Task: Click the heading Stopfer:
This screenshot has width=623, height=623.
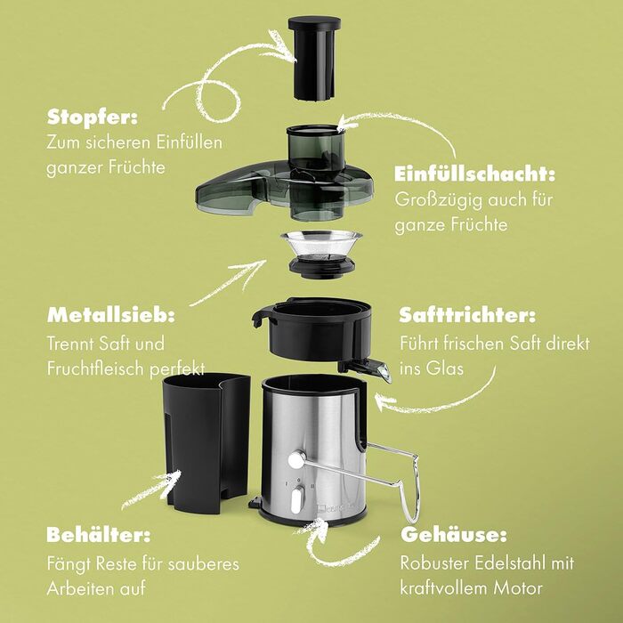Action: click(93, 117)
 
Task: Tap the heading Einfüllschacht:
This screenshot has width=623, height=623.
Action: click(474, 174)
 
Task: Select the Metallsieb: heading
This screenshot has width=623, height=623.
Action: click(111, 315)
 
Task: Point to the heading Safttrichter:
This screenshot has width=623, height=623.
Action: click(467, 315)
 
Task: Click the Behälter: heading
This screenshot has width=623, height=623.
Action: click(99, 535)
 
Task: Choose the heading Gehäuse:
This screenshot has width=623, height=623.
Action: click(454, 535)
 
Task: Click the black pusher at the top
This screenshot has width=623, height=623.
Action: click(314, 58)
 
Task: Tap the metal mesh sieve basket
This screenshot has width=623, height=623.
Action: click(321, 254)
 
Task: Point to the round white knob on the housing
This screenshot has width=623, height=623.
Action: click(296, 460)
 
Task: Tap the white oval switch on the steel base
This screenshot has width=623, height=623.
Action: click(296, 501)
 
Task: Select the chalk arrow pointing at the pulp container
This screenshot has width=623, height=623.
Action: click(151, 489)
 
